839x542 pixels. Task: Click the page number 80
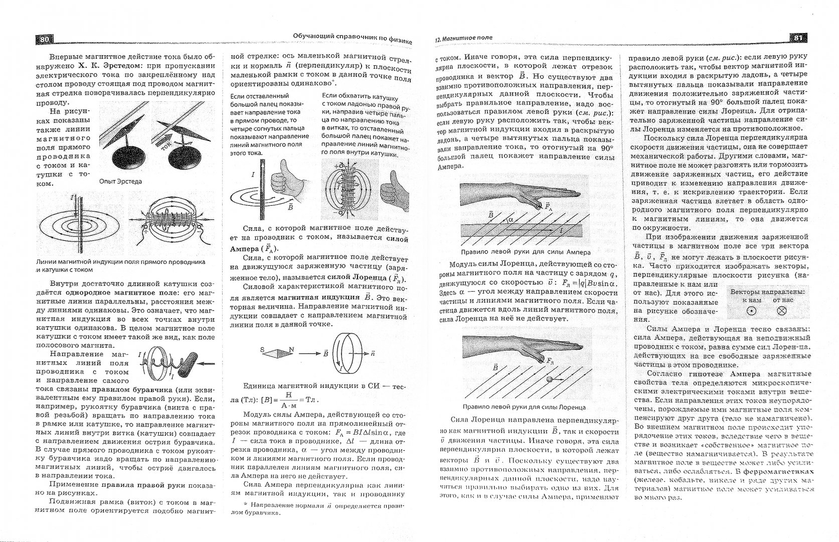point(44,39)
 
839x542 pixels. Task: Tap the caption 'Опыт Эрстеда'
point(120,182)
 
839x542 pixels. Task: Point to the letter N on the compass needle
point(291,349)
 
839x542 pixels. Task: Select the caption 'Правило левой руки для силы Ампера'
point(525,252)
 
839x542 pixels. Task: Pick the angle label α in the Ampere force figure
point(511,219)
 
